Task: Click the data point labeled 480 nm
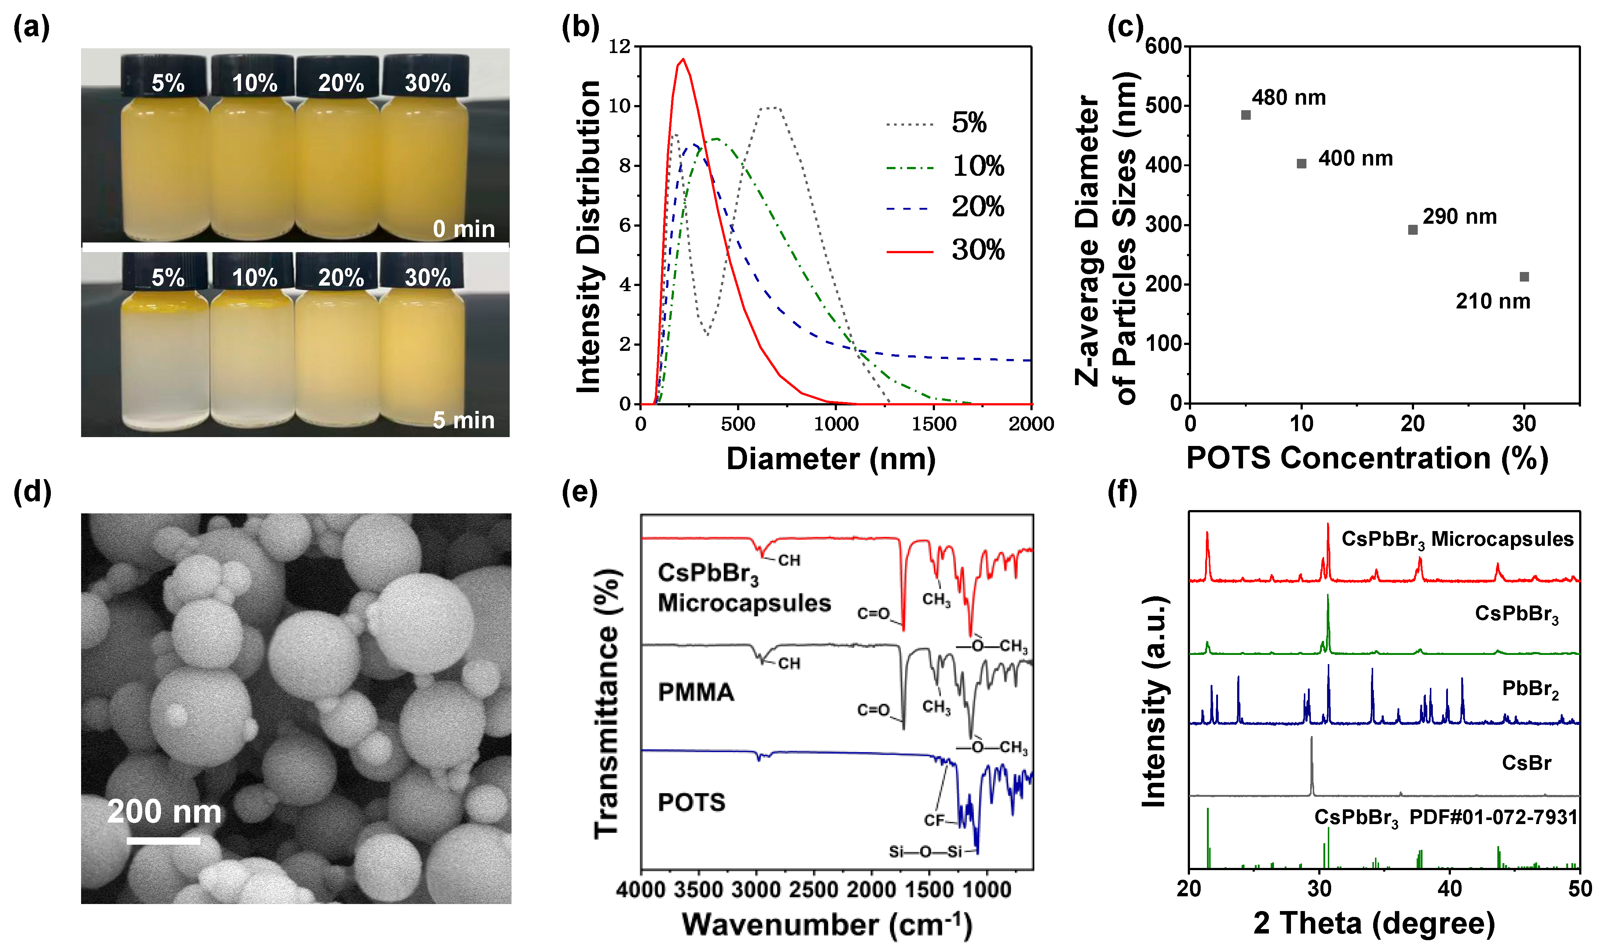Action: [x=1245, y=115]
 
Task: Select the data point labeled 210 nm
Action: [x=1524, y=277]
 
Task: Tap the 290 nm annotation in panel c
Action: [x=1459, y=217]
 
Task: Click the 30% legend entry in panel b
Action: [x=977, y=250]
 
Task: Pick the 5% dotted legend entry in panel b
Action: [x=968, y=123]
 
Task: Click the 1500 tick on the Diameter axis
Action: [x=933, y=424]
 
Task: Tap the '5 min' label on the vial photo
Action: [x=464, y=420]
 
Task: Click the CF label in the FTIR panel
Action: [x=934, y=820]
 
